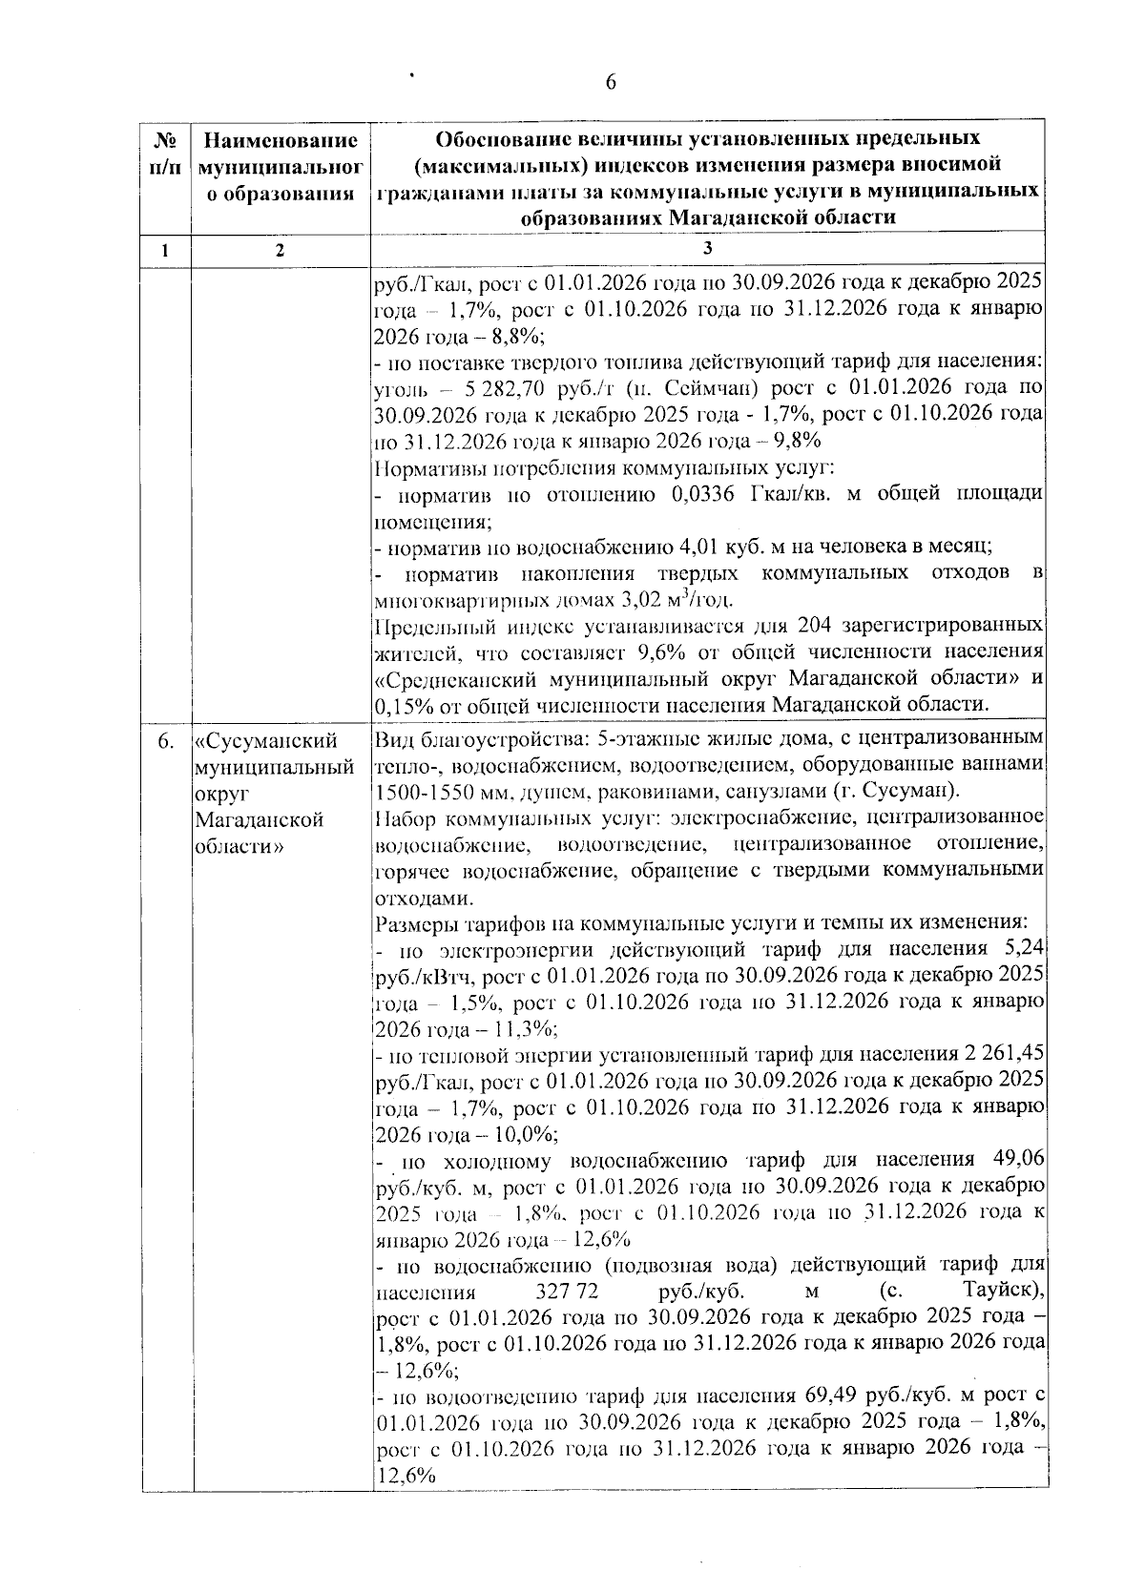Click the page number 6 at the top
(x=611, y=83)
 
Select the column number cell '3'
(x=707, y=249)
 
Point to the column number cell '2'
(x=279, y=250)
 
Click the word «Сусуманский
(x=266, y=741)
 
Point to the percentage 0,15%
(x=401, y=705)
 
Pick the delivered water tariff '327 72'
(x=554, y=1292)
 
